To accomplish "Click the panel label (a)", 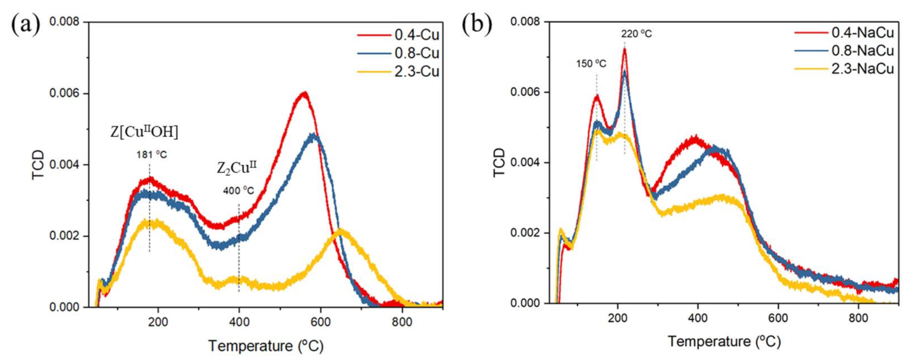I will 25,24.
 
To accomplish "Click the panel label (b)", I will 476,24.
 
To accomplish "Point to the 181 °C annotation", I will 152,155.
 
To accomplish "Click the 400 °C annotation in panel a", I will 238,191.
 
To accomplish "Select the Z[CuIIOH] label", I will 144,132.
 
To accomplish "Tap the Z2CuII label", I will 236,168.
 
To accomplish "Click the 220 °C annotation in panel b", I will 636,34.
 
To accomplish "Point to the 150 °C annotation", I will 591,64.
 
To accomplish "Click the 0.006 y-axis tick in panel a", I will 64,93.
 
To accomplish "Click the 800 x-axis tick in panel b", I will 858,318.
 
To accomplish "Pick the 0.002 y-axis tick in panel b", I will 525,233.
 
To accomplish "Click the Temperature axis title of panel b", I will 724,341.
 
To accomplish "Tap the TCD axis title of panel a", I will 39,164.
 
